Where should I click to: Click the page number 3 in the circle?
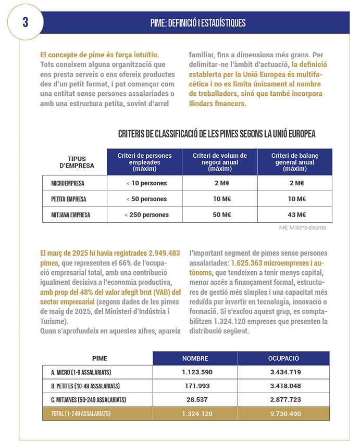tap(26, 22)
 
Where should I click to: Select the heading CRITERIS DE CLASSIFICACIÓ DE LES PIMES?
tap(217, 134)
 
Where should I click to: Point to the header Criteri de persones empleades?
tap(144, 162)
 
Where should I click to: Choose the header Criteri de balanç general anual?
tap(294, 162)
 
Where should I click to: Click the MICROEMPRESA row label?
tap(68, 183)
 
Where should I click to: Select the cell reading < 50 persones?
tap(146, 199)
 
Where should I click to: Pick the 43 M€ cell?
tap(296, 215)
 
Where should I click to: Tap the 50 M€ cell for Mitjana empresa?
tap(222, 215)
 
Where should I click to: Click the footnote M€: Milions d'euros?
tap(303, 228)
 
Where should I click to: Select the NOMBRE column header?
tap(195, 358)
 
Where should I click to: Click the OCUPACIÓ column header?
tap(283, 358)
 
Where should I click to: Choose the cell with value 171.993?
tap(195, 386)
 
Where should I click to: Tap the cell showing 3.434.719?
tap(283, 372)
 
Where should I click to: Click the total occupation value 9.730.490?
tap(283, 413)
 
